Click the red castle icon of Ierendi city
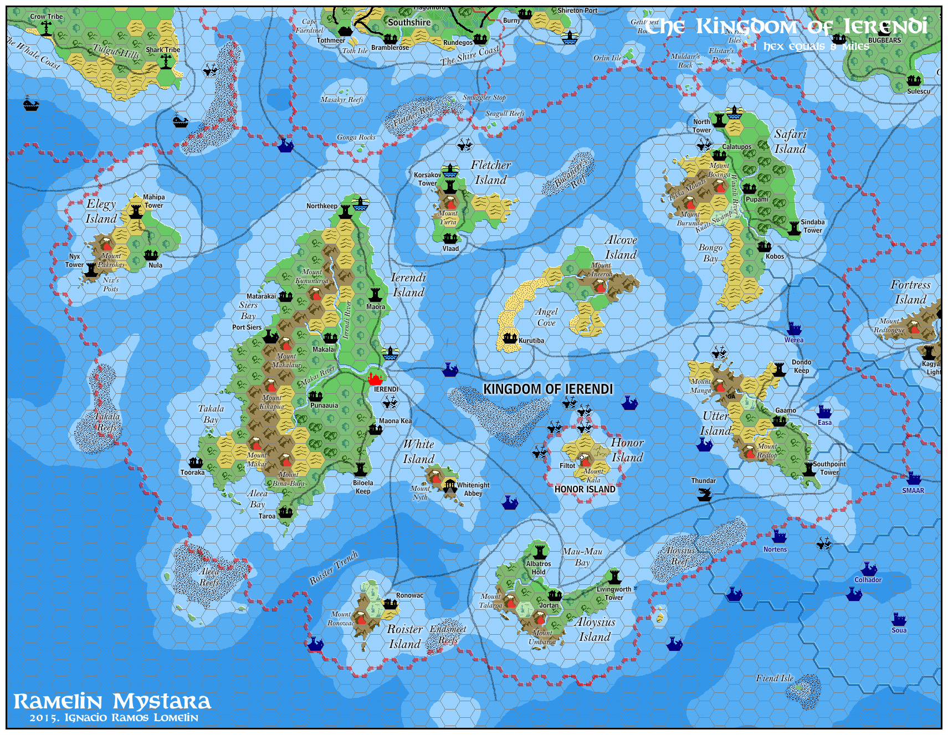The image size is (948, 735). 375,379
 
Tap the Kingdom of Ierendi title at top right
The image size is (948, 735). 785,26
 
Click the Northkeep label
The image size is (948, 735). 321,206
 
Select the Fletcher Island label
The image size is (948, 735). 490,172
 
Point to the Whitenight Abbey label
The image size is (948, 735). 473,489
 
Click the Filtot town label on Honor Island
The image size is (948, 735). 567,466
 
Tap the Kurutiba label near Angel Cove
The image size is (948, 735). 531,341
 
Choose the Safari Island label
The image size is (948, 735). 790,141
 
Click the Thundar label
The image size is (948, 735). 703,481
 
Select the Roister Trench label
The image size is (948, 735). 334,568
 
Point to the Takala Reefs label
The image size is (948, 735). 107,422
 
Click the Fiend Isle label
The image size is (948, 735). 775,678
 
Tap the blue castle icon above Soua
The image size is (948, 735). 899,619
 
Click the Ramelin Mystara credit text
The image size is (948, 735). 112,702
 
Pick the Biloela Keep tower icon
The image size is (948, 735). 361,470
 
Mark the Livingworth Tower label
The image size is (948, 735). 613,593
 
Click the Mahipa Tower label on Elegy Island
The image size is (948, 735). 153,201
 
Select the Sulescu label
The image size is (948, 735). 918,91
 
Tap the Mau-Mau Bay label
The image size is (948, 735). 582,557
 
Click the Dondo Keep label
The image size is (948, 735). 801,366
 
